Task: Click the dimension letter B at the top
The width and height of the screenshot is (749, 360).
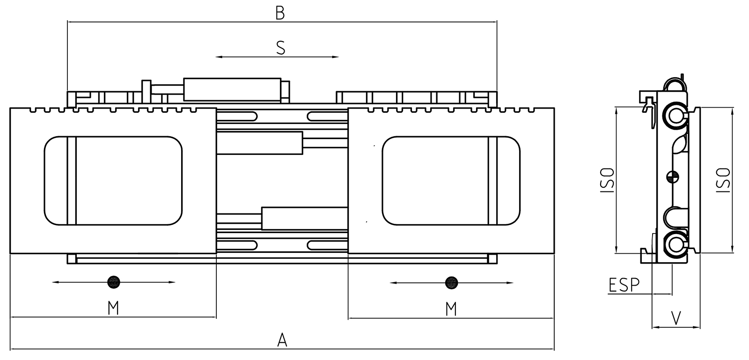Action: click(280, 13)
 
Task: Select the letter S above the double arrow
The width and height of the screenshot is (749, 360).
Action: click(280, 47)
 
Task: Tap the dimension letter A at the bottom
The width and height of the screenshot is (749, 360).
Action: click(281, 339)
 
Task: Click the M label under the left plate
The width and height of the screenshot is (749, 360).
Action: click(113, 308)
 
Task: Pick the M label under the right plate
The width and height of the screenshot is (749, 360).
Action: click(451, 308)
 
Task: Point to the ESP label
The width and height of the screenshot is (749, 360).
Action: click(624, 285)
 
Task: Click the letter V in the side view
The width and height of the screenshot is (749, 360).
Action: click(676, 318)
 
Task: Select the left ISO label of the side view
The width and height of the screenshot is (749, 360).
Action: click(608, 180)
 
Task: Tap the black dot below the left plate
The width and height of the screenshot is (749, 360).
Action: click(114, 282)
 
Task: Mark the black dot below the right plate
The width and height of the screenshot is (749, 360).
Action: click(452, 282)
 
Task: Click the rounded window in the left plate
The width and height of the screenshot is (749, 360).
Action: click(113, 181)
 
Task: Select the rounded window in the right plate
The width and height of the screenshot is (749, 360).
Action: click(451, 181)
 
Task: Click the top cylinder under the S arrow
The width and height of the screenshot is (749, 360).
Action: click(232, 89)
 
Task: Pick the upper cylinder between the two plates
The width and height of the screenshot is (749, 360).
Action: click(260, 143)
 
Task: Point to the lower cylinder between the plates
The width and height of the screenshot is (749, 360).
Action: click(304, 218)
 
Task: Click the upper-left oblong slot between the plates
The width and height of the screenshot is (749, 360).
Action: click(241, 116)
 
